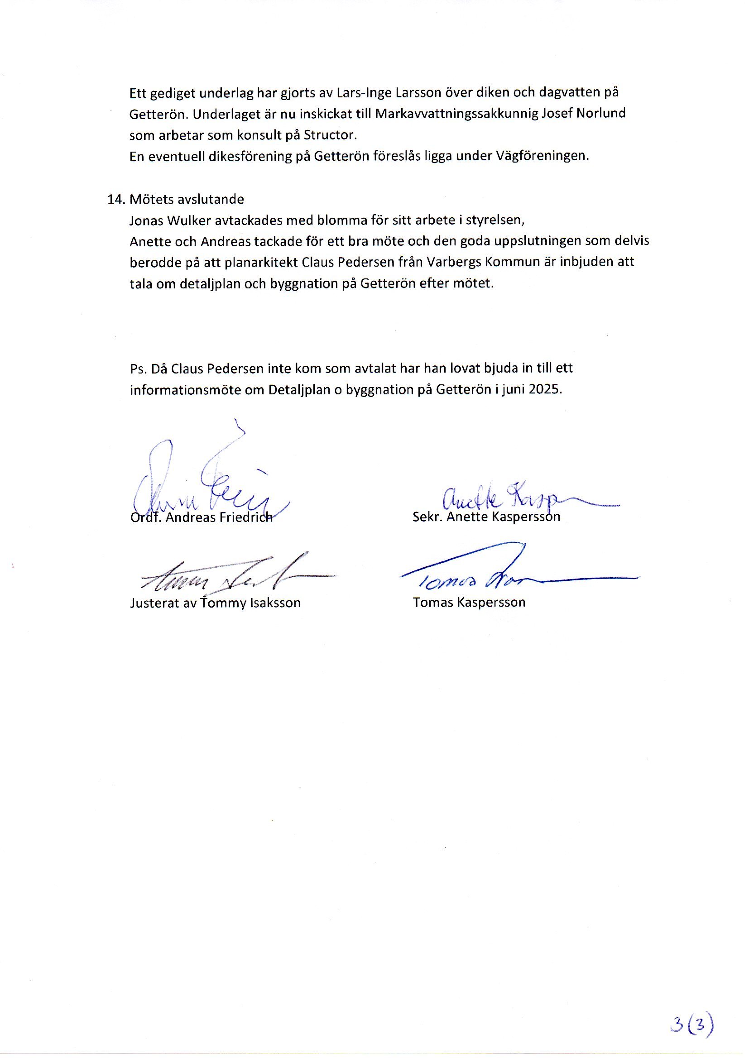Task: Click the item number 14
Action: pos(116,200)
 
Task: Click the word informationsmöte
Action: pos(196,390)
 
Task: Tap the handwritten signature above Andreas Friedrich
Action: pos(207,479)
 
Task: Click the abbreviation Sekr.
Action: pos(423,517)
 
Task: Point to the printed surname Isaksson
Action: pos(275,603)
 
